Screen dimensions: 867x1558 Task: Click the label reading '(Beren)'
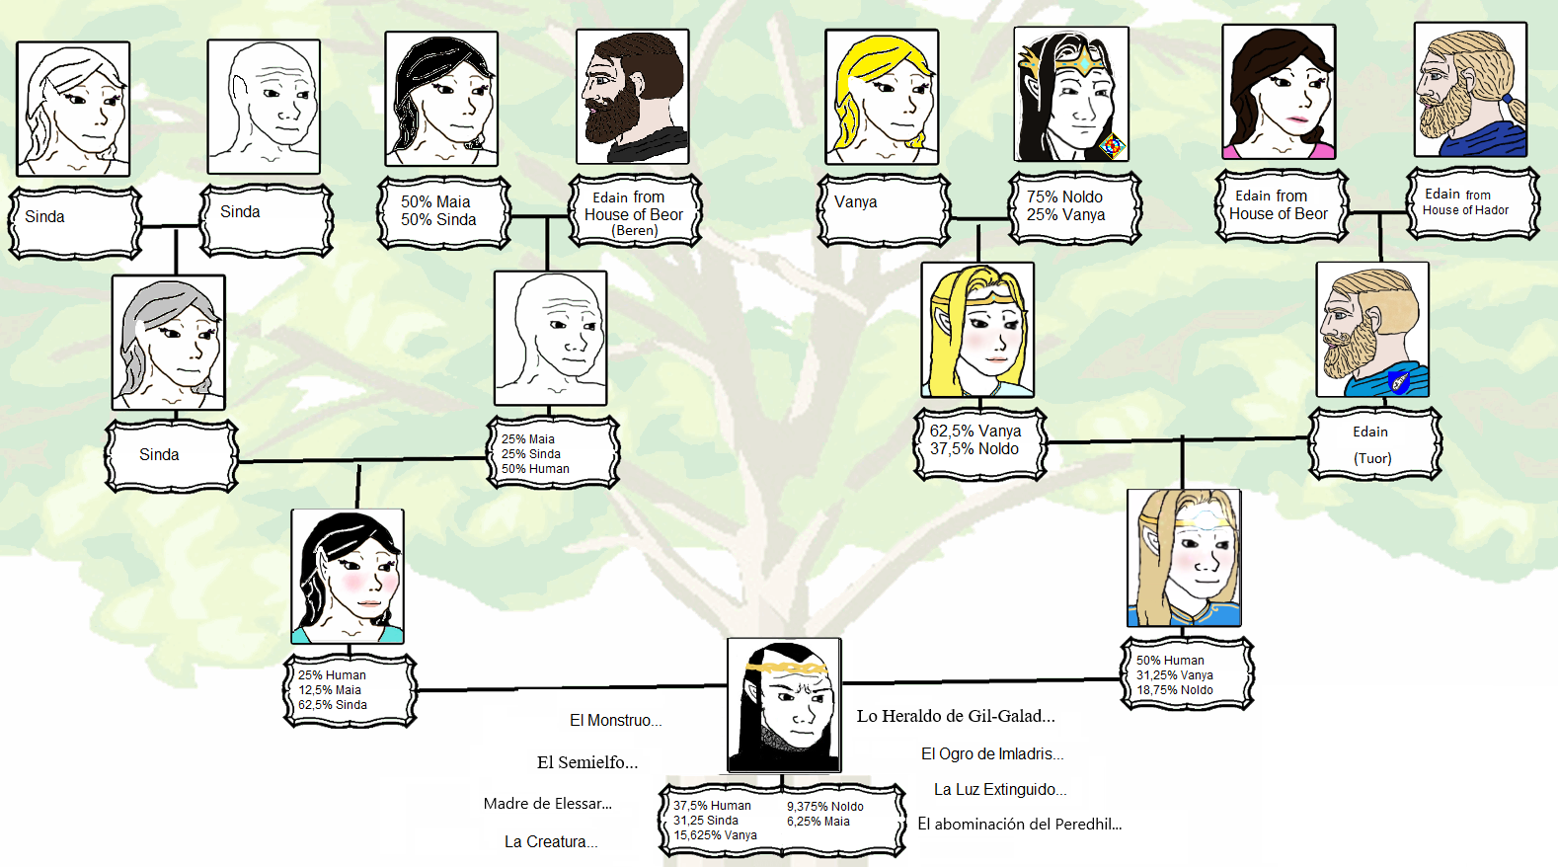pos(634,230)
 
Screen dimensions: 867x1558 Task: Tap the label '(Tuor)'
pos(1372,458)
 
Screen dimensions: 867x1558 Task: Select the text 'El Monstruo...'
pos(615,721)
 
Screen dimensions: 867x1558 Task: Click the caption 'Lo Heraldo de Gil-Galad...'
pos(955,716)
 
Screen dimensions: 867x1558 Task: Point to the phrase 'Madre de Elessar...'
pos(547,804)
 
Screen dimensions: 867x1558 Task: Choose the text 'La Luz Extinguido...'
pos(999,789)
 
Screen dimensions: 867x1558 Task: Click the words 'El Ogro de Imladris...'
pos(991,753)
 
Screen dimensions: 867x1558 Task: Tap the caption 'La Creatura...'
pos(550,841)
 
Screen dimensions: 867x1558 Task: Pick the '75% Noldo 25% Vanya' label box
pos(1073,206)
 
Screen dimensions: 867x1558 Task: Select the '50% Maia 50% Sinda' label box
pos(442,210)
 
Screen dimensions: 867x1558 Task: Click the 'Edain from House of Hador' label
pos(1470,202)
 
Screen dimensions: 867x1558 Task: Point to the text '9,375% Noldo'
pos(824,807)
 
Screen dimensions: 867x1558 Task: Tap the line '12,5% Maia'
pos(330,690)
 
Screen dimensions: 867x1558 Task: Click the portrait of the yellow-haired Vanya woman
pos(881,97)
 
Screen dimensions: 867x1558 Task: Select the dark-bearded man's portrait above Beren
pos(632,96)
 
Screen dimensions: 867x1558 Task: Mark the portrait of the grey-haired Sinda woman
pos(168,342)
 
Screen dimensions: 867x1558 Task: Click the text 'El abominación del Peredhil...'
pos(1019,824)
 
